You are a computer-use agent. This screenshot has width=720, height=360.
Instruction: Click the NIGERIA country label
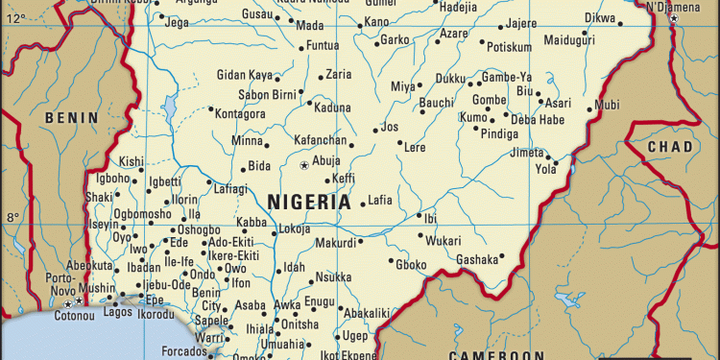click(x=309, y=203)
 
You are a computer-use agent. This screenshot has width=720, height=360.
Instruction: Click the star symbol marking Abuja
click(x=305, y=166)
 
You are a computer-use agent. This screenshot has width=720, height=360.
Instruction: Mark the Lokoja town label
click(x=295, y=229)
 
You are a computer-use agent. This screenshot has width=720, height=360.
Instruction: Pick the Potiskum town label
click(x=509, y=47)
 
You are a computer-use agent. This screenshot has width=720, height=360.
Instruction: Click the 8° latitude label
click(x=13, y=217)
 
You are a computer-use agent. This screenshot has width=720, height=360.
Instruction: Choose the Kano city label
click(x=377, y=21)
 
